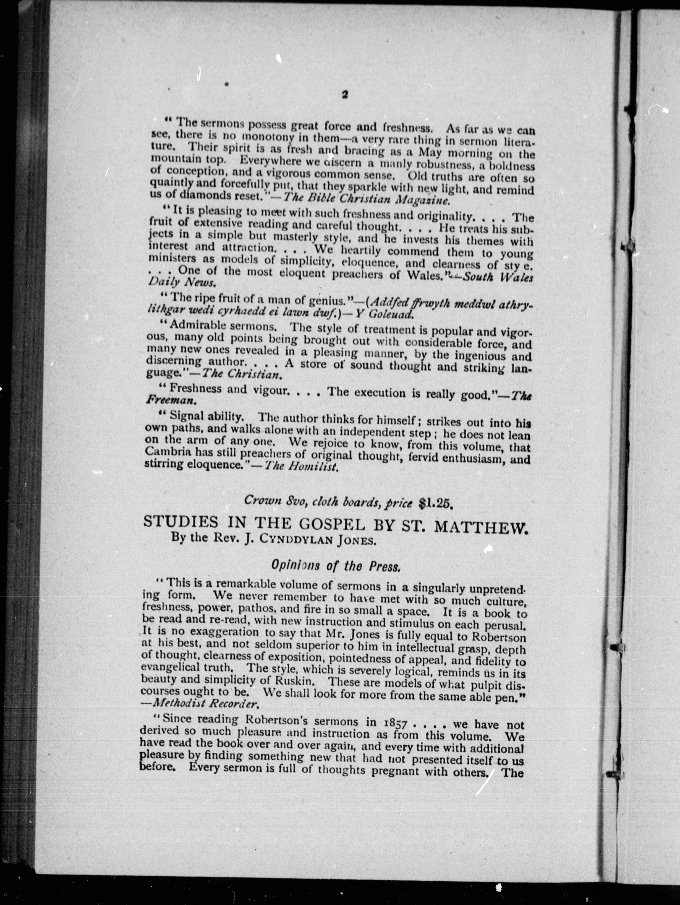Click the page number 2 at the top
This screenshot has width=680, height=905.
344,95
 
